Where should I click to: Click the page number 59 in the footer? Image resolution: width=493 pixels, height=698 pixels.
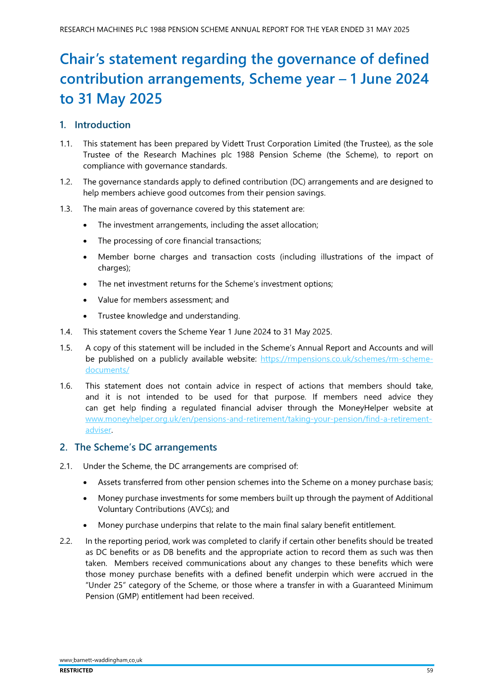point(430,671)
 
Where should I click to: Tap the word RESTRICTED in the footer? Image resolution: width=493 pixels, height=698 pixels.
point(76,671)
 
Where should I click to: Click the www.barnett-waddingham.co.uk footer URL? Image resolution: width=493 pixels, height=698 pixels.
point(101,660)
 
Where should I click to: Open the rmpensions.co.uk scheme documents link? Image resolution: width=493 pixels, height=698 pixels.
point(346,359)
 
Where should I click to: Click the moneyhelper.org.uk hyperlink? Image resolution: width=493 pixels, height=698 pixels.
point(258,419)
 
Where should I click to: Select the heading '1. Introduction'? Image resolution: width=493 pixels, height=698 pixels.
point(95,125)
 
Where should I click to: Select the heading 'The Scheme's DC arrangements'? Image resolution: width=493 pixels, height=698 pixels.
point(146,447)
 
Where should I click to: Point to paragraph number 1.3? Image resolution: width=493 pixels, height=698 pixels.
point(66,209)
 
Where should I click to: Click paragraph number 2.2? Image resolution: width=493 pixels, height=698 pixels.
point(66,541)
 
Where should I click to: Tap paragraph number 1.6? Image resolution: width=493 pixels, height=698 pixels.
point(66,386)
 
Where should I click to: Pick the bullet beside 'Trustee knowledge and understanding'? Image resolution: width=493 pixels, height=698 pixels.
point(85,316)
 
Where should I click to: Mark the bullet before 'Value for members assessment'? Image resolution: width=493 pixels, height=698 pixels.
point(85,300)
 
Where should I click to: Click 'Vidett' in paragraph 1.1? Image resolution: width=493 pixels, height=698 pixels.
point(234,144)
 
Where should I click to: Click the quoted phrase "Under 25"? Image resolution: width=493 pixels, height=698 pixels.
point(106,586)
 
